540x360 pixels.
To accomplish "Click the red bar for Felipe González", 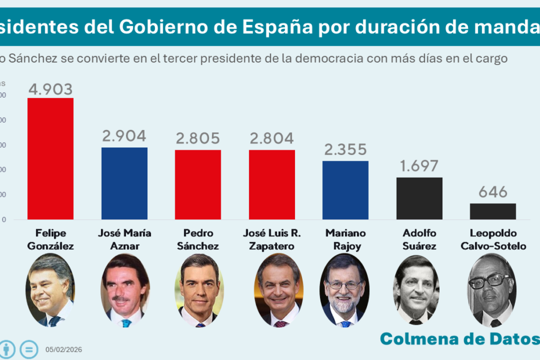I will coord(51,159).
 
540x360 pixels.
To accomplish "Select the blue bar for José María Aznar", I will coord(124,183).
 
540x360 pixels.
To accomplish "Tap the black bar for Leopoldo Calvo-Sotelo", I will coord(493,211).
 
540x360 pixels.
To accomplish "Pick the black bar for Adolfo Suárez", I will coord(419,199).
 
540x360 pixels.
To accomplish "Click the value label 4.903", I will coord(51,89).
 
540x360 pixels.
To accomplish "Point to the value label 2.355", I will coord(345,150).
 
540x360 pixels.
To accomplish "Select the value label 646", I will coord(493,192).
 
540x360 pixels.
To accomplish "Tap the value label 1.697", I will coord(419,167).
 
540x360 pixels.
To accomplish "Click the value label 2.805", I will coord(198,139).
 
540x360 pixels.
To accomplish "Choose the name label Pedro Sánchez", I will coord(198,239).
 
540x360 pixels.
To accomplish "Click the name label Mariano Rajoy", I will coord(345,239).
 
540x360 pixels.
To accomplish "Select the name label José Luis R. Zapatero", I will coord(272,239).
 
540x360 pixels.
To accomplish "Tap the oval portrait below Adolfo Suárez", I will coord(416,289).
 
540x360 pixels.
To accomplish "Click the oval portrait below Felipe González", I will coord(50,289).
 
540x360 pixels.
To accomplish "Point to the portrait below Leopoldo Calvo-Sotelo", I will coord(492,289).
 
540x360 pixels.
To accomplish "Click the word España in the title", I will coord(277,27).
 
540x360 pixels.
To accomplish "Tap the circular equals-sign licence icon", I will coord(28,350).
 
